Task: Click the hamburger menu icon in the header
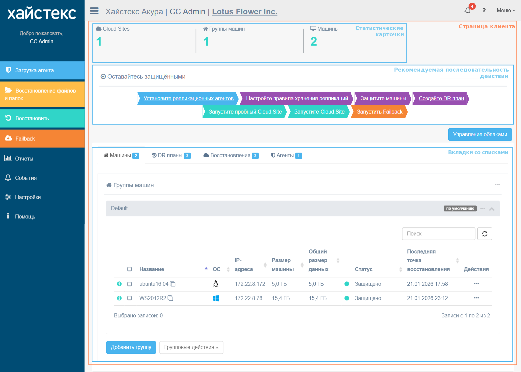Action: point(94,11)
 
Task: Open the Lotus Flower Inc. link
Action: point(244,11)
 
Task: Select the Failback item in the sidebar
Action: point(42,139)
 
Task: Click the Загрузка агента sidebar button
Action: point(42,70)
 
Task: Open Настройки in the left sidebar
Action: point(28,197)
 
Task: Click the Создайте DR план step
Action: point(441,99)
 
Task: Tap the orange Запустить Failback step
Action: point(379,112)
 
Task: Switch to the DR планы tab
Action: point(171,156)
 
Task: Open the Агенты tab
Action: point(287,156)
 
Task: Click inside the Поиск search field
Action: point(438,233)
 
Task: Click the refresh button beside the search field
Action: point(485,233)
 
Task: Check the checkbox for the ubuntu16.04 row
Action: point(130,284)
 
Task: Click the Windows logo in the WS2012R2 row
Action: point(216,298)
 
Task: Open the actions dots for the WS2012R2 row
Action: point(476,298)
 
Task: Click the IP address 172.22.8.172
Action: point(250,284)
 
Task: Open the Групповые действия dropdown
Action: point(191,347)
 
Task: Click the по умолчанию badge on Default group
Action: point(460,208)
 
